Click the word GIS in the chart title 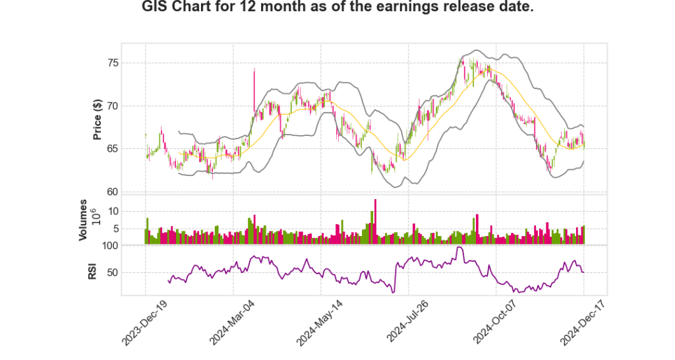[156, 8]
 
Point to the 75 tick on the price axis [130, 63]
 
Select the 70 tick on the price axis [130, 105]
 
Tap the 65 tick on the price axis [130, 148]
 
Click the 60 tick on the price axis [130, 192]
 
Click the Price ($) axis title [98, 119]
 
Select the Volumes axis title [84, 220]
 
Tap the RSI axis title [93, 270]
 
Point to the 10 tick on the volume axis [131, 211]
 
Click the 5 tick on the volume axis [133, 229]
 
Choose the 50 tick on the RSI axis [130, 272]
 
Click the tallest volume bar [375, 222]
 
